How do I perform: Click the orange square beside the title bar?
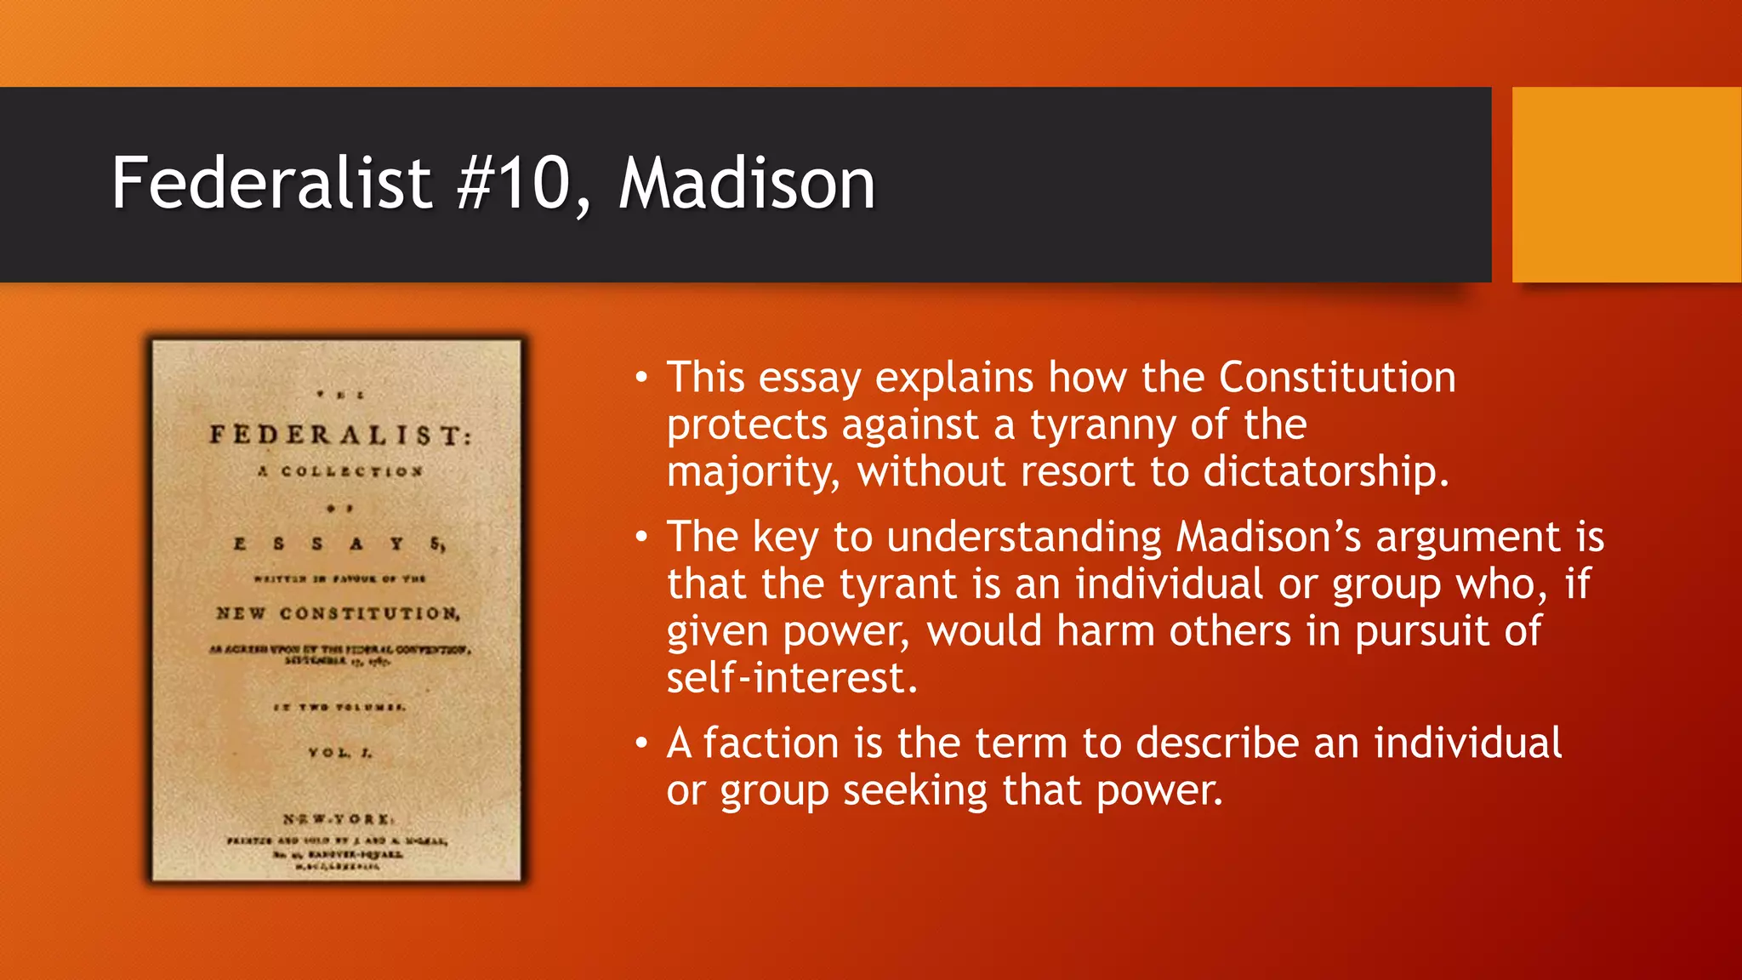click(x=1626, y=185)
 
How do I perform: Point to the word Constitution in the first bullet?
click(x=1337, y=377)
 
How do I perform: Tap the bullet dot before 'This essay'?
click(x=641, y=377)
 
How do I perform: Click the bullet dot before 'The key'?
click(x=641, y=537)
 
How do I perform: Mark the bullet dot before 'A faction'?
click(x=641, y=744)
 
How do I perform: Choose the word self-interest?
click(x=792, y=678)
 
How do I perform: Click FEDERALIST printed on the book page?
click(x=340, y=436)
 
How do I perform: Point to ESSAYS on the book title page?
click(x=339, y=544)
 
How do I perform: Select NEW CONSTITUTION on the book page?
click(x=338, y=613)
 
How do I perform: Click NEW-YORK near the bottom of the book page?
click(x=338, y=819)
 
